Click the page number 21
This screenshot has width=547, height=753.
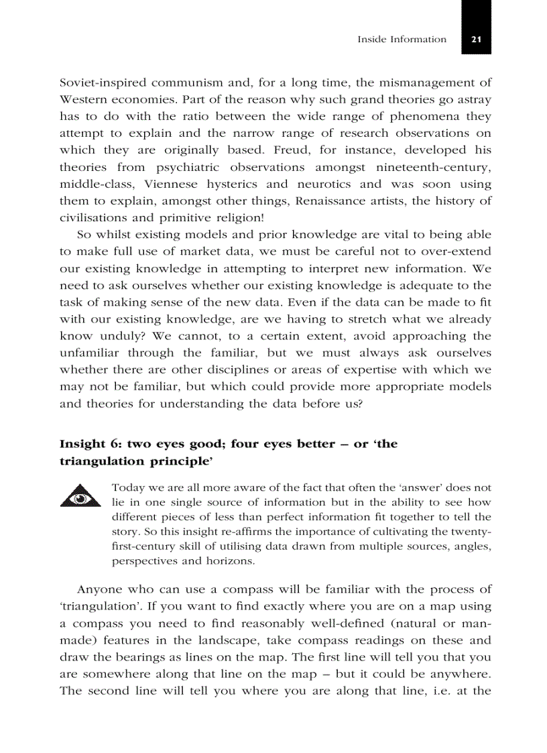point(476,40)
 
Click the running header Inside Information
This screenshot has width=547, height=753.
point(402,40)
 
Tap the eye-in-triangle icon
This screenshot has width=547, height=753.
point(79,497)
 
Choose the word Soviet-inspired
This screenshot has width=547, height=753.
point(103,83)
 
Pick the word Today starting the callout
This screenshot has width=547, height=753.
point(127,487)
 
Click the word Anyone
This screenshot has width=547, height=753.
point(99,590)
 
